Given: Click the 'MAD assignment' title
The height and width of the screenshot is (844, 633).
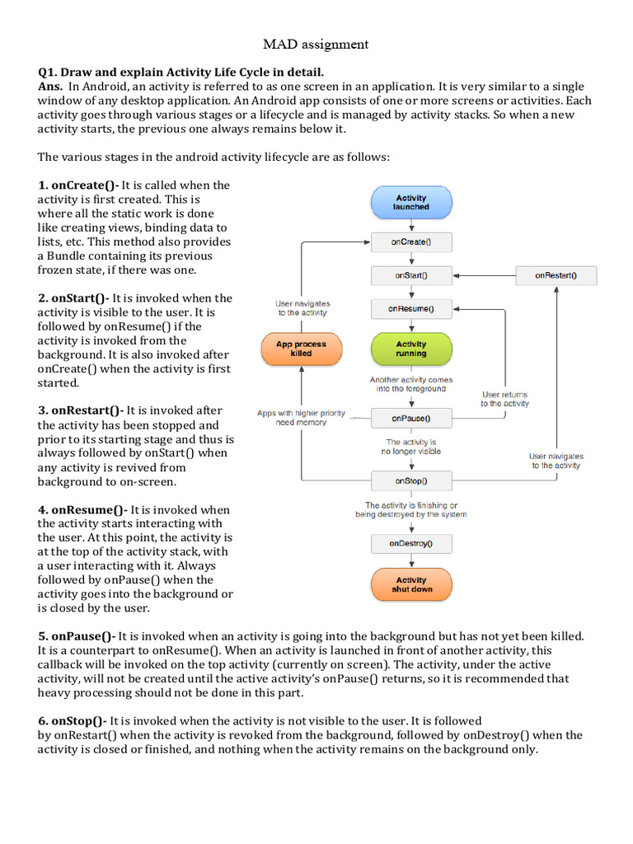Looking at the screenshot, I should (316, 44).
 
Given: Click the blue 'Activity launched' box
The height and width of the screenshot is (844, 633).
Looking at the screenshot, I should (411, 202).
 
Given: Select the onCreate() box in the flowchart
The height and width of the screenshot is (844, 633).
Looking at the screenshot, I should (411, 242).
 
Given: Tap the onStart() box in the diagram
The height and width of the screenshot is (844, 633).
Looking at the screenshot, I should (411, 275).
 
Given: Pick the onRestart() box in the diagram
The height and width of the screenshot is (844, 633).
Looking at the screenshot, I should (556, 275).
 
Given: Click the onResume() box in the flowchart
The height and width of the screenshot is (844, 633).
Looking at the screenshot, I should (411, 309).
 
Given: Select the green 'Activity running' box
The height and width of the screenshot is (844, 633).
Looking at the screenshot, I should (411, 349).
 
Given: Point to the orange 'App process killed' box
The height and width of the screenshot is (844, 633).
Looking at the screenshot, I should (301, 349).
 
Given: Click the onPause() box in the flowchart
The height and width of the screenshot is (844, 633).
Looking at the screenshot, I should (411, 419).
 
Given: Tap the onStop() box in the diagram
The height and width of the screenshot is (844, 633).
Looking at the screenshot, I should (411, 481).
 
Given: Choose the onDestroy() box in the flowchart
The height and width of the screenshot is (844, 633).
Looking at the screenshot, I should (411, 543).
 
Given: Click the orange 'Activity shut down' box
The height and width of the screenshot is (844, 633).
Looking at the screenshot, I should (411, 584).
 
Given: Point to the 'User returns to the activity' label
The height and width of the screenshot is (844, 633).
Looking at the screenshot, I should (505, 399).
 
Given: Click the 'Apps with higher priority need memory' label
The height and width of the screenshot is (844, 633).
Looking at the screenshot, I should (302, 417).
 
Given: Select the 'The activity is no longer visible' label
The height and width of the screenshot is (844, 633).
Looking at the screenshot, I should (411, 447).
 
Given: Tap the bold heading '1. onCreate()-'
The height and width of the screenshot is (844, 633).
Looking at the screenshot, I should (78, 185).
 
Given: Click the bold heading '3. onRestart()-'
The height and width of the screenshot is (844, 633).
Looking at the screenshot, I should (81, 410).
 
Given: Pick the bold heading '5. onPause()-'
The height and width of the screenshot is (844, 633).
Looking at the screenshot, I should (77, 635).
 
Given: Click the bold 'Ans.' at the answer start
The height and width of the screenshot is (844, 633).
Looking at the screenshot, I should (51, 86).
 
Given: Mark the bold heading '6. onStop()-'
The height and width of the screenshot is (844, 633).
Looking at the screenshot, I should (73, 720).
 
